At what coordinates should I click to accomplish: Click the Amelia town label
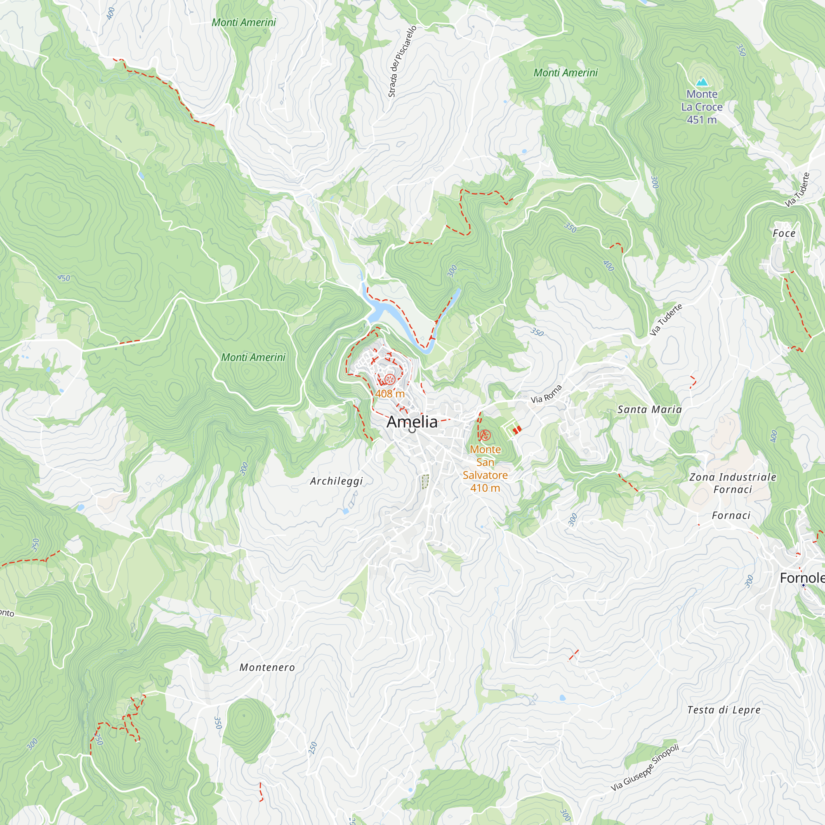point(412,422)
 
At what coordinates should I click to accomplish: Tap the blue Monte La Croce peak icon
point(701,82)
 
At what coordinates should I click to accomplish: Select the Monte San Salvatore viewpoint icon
point(485,436)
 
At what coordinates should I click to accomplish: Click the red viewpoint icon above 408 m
point(389,379)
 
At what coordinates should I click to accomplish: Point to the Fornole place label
point(802,578)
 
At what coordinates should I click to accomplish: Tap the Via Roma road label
point(546,394)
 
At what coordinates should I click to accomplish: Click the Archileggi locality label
point(337,481)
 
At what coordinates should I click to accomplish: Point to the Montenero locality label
point(267,667)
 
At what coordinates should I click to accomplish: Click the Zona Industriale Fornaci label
point(733,483)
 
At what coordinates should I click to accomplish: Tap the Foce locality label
point(784,233)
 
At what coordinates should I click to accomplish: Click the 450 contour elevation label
point(64,278)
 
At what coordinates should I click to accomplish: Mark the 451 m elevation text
point(702,120)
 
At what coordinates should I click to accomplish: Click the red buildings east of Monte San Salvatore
point(517,429)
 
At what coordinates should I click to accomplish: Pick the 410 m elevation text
point(485,488)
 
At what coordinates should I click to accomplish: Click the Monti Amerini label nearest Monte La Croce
point(566,73)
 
